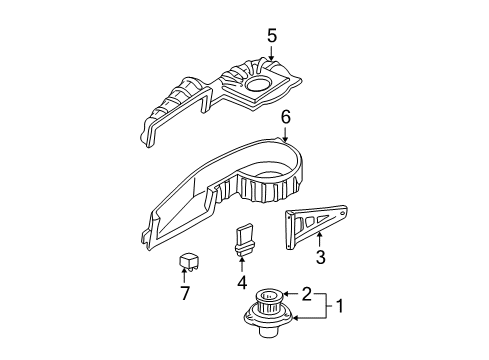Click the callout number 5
point(271,36)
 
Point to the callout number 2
point(307,293)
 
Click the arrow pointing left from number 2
point(291,293)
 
